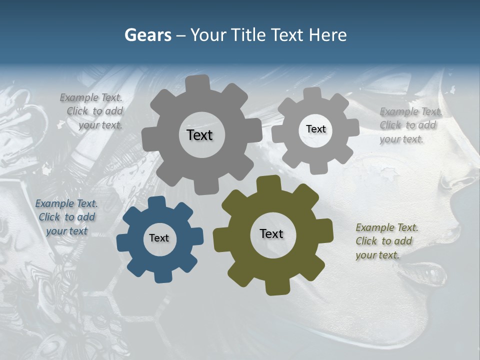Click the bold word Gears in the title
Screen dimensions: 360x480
tap(147, 35)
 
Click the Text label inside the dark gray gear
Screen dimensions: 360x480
tap(199, 135)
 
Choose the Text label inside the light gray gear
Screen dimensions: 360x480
tap(315, 129)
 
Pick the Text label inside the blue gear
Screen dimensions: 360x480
tap(159, 238)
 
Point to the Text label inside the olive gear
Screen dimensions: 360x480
tap(271, 233)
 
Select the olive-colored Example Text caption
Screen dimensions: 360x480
tap(387, 241)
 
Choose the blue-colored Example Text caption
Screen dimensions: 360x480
tap(66, 217)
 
